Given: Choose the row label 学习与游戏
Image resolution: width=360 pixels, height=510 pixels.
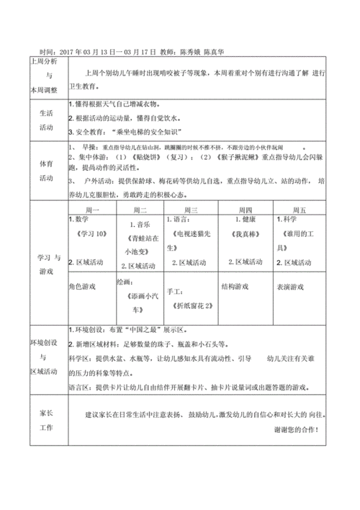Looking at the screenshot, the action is [46, 243].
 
